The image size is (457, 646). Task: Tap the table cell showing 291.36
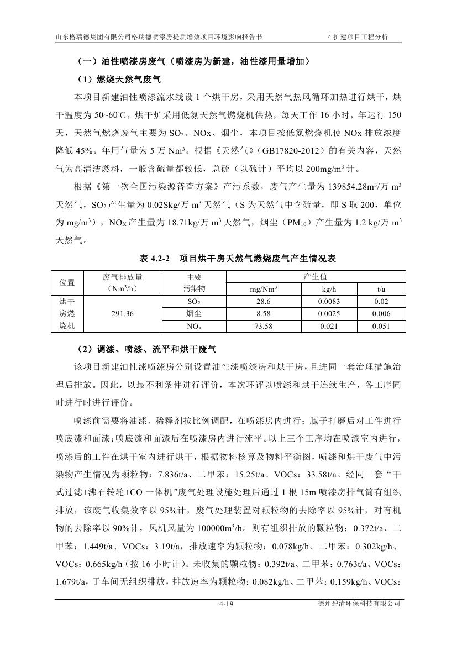(x=123, y=312)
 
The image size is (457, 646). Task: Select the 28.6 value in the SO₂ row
(x=264, y=301)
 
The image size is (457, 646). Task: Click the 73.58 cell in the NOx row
(x=264, y=326)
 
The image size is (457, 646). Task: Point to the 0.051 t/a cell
(x=381, y=326)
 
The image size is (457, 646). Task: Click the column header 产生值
(x=316, y=277)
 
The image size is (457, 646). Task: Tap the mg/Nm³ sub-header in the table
(x=264, y=289)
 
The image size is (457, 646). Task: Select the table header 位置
(x=67, y=282)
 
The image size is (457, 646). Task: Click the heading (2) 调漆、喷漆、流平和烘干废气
(x=145, y=350)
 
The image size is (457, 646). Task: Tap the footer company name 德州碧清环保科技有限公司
(x=355, y=605)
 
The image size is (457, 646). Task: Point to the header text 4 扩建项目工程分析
(x=358, y=37)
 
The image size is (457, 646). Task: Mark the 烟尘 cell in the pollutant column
(x=194, y=313)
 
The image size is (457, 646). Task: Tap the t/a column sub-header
(x=381, y=289)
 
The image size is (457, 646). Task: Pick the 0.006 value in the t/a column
(x=381, y=313)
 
